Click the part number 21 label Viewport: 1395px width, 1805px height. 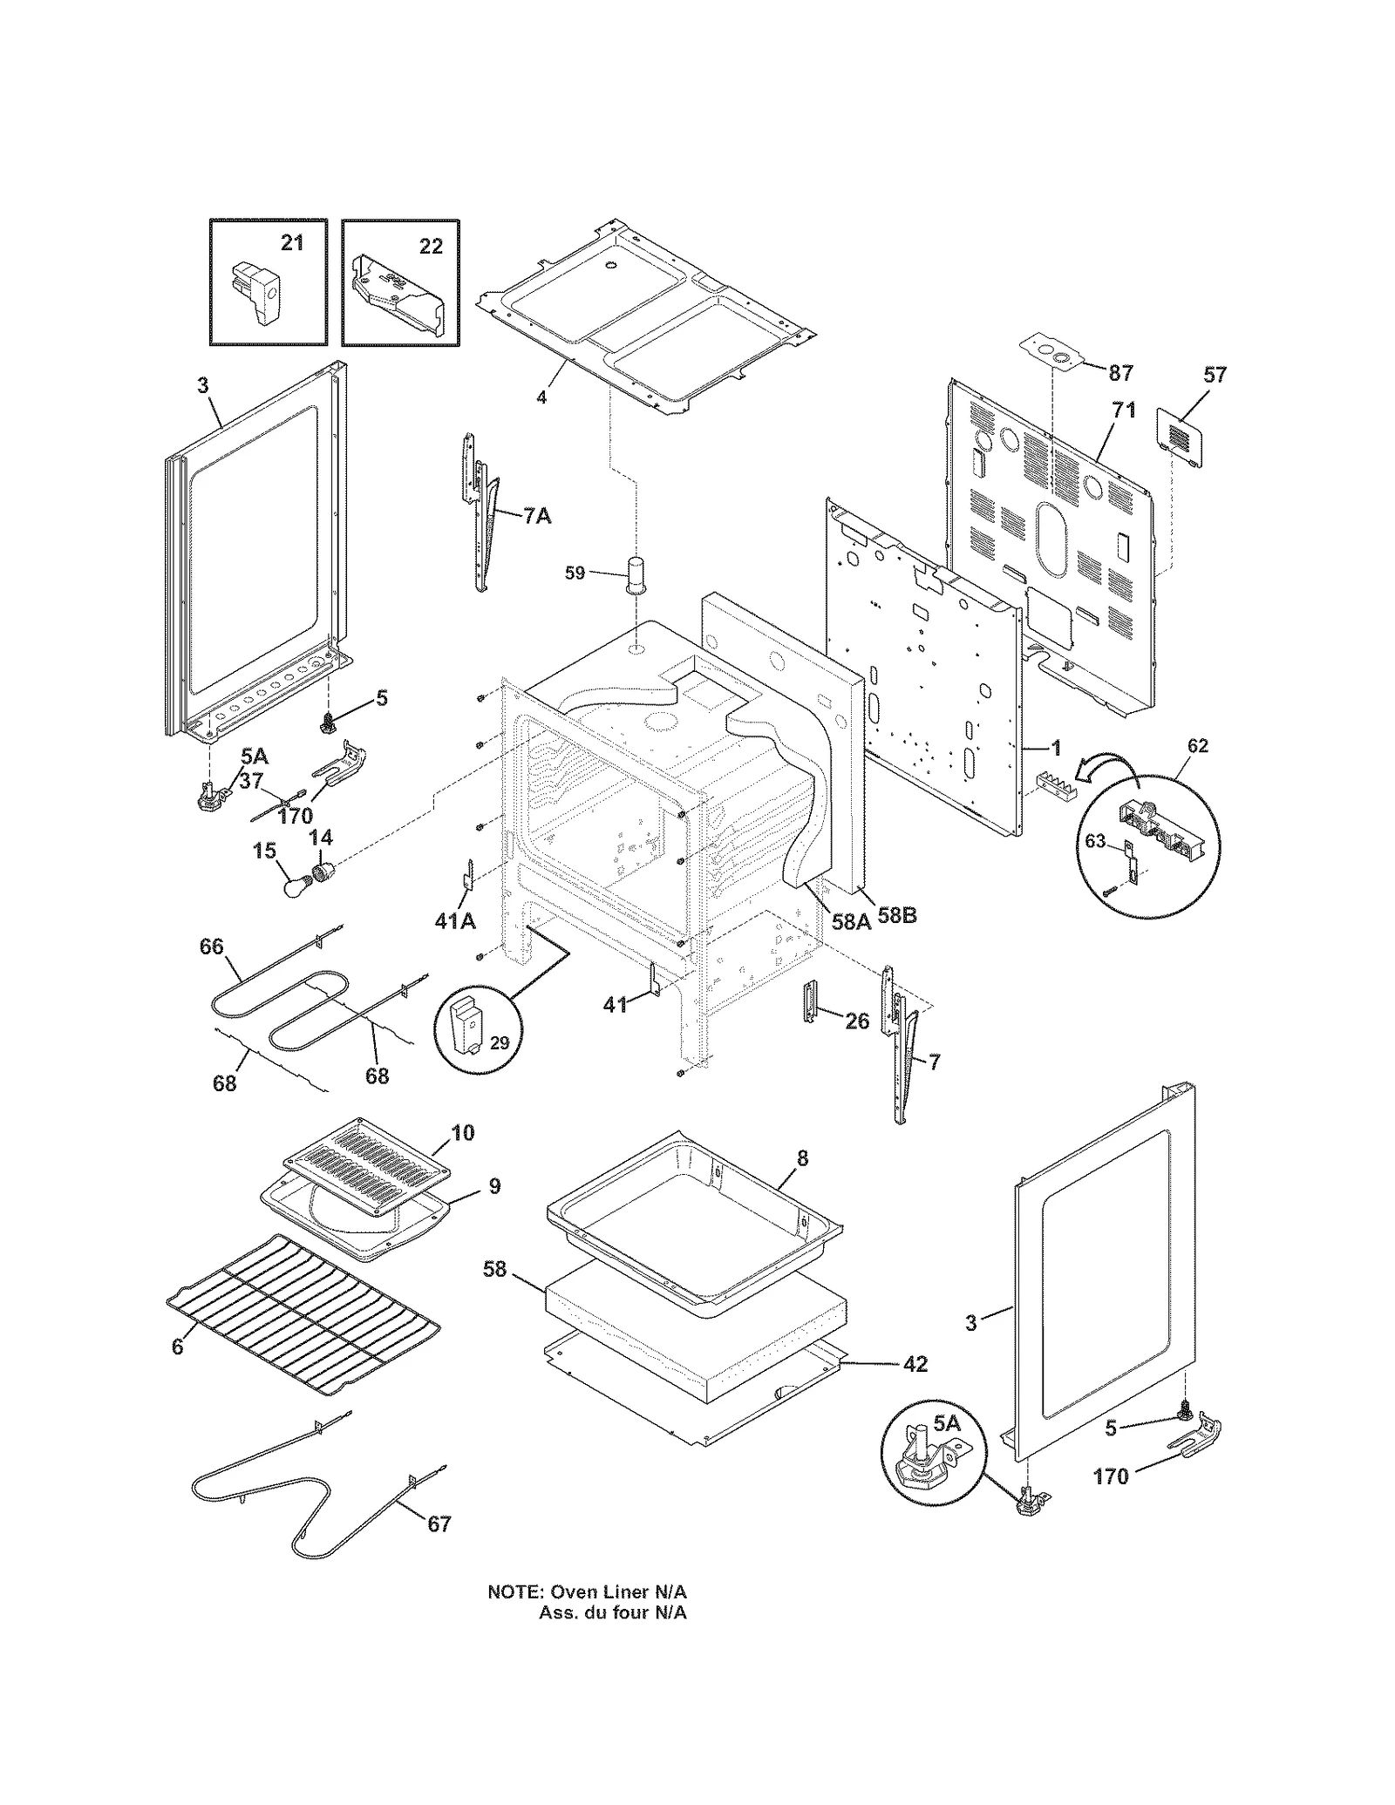291,242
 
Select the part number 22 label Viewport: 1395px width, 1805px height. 431,247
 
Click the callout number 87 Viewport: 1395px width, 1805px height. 1120,373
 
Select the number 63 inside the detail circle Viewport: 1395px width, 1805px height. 1095,841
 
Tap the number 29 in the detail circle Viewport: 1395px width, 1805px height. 499,1042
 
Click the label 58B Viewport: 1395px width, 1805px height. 896,916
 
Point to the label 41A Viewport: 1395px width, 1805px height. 455,920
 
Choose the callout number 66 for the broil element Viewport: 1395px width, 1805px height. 212,947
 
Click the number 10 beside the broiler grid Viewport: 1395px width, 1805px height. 462,1132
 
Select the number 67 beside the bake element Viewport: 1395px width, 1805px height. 439,1523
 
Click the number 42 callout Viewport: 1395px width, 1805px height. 915,1364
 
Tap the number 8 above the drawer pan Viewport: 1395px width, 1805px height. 802,1158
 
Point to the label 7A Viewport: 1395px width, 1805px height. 537,516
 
